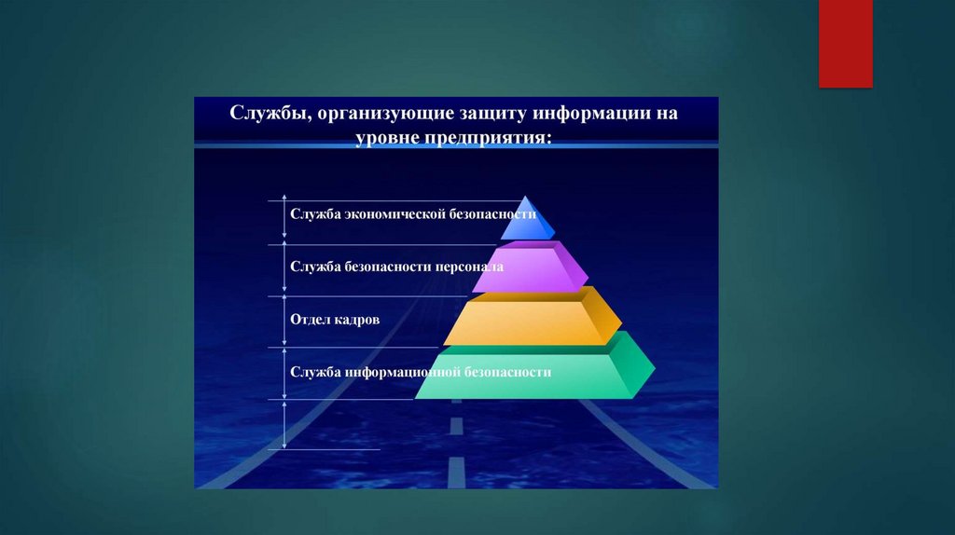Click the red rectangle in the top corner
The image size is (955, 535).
(x=845, y=43)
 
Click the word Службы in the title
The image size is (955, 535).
(x=268, y=113)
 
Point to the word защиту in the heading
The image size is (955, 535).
(x=492, y=114)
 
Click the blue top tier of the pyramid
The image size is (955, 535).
(x=528, y=219)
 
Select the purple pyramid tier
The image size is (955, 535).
(x=530, y=267)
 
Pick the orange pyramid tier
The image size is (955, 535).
(x=533, y=317)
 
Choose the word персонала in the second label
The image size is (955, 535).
(x=469, y=267)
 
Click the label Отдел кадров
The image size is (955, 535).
(x=335, y=320)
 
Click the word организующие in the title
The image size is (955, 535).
(x=385, y=114)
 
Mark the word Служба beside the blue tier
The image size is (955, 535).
(x=315, y=214)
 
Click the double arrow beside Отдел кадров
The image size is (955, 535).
(x=284, y=321)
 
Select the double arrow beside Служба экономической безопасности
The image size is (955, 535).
(x=284, y=216)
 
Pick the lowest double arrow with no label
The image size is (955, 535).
(x=284, y=424)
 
